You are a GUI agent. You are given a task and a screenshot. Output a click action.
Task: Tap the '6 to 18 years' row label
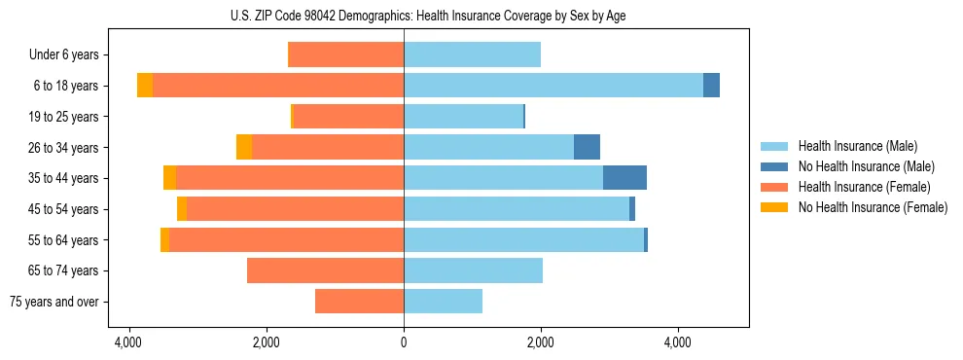pyautogui.click(x=65, y=86)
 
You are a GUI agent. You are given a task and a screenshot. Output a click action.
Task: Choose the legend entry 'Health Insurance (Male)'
pyautogui.click(x=857, y=146)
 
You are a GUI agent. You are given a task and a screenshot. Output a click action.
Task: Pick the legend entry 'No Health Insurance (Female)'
pyautogui.click(x=873, y=207)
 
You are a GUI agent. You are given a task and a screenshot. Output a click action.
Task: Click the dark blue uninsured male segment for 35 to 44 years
pyautogui.click(x=624, y=178)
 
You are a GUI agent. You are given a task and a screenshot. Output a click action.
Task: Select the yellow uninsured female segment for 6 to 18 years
pyautogui.click(x=145, y=86)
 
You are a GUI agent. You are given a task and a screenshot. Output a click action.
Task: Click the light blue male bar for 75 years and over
pyautogui.click(x=443, y=302)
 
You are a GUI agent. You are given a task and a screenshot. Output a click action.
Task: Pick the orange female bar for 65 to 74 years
pyautogui.click(x=325, y=270)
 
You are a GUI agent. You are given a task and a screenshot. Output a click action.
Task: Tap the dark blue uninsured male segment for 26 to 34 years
pyautogui.click(x=587, y=147)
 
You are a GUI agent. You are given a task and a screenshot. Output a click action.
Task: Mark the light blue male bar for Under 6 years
pyautogui.click(x=472, y=54)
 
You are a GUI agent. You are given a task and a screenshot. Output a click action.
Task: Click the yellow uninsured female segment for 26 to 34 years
pyautogui.click(x=244, y=147)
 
